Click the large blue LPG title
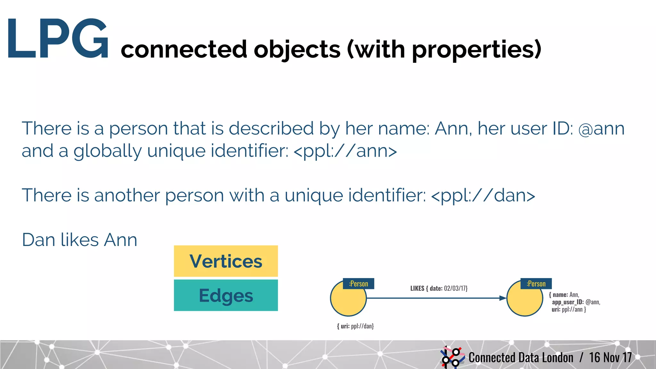click(58, 39)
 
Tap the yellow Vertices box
click(226, 261)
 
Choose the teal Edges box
click(226, 295)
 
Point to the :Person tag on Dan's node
click(358, 284)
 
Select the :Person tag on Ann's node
click(536, 284)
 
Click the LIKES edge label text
click(439, 288)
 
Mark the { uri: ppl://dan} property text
click(355, 326)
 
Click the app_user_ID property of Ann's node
click(576, 302)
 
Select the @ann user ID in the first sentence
click(601, 129)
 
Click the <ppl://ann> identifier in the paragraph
click(345, 151)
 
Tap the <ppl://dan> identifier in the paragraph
click(483, 195)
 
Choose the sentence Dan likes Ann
click(79, 240)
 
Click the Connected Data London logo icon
click(452, 357)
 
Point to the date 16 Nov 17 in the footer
click(610, 357)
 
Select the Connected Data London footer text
click(521, 357)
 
